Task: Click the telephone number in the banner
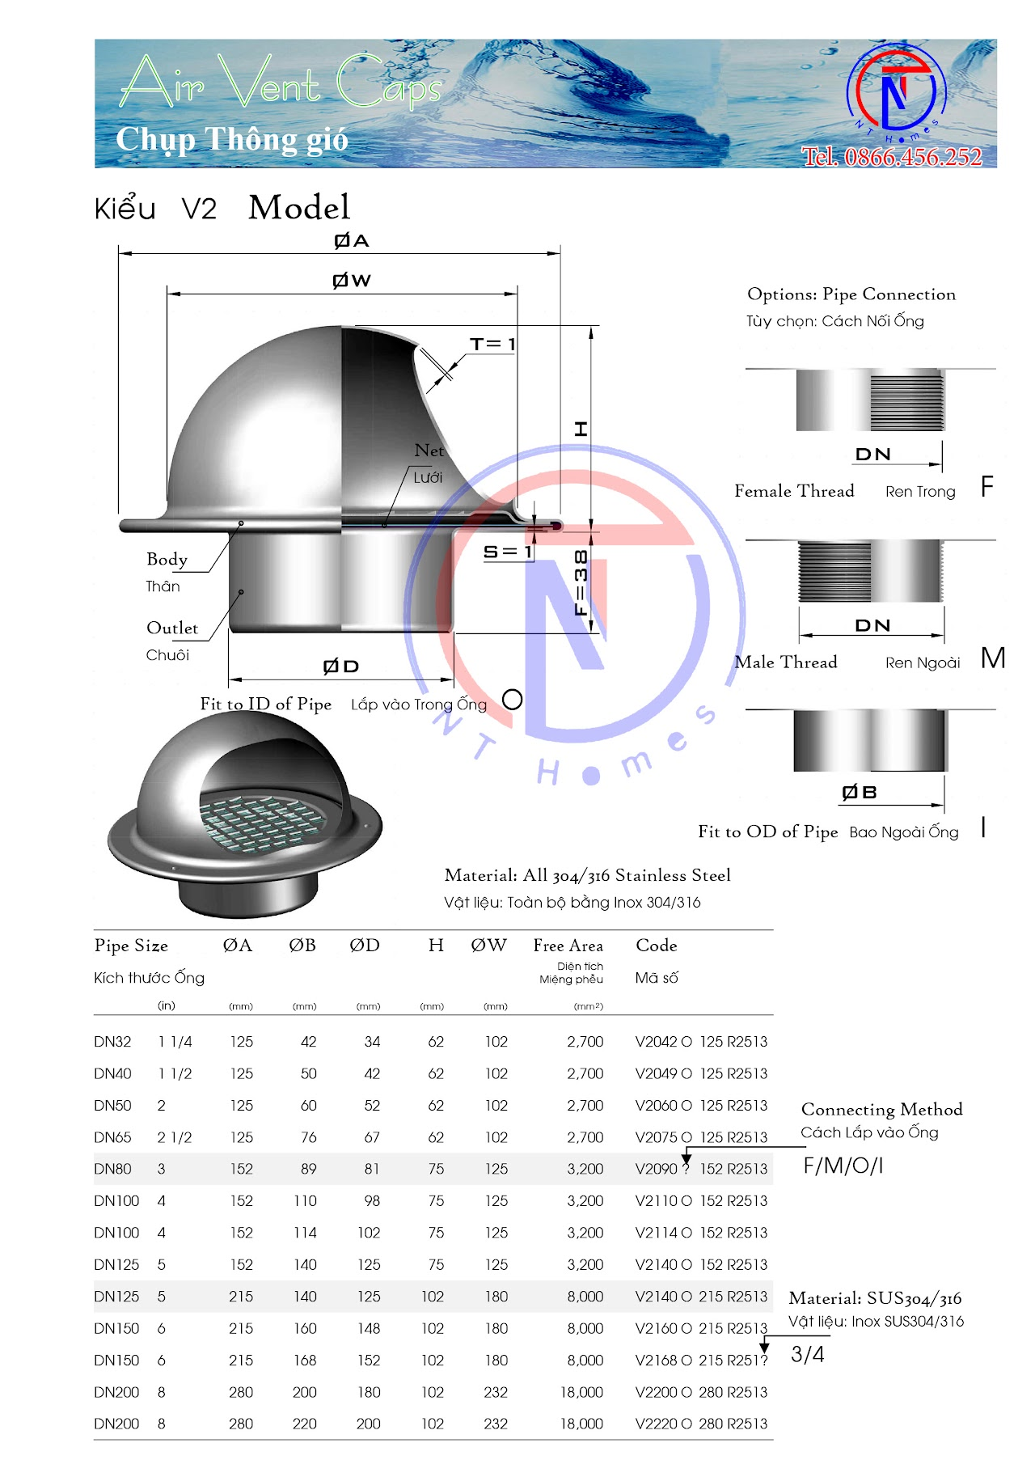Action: [x=892, y=157]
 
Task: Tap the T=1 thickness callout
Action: [x=492, y=344]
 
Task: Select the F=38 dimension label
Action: [x=581, y=582]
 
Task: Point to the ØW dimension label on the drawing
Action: [x=352, y=281]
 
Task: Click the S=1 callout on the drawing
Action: [x=508, y=552]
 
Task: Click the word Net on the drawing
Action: [x=429, y=451]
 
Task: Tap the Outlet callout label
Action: [x=172, y=628]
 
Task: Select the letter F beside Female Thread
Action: [x=986, y=487]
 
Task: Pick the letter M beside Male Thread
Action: [x=992, y=658]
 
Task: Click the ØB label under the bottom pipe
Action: [x=860, y=793]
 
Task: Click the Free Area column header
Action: [x=568, y=946]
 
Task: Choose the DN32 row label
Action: [x=112, y=1042]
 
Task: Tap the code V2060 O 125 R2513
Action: [x=701, y=1106]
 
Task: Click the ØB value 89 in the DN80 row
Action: [x=308, y=1170]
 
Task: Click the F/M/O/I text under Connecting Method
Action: [x=843, y=1166]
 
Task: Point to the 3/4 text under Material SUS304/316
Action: [x=807, y=1354]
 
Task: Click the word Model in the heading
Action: [x=299, y=208]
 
